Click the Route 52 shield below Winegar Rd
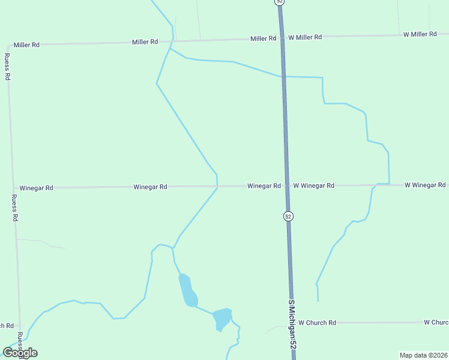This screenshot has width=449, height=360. (289, 216)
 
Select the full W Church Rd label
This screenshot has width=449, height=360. (317, 323)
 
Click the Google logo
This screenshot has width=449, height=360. (20, 353)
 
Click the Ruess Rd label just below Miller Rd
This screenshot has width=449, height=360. (7, 67)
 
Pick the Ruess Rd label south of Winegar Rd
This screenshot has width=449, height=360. (15, 208)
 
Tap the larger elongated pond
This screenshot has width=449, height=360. (187, 290)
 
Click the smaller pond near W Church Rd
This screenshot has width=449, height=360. (222, 318)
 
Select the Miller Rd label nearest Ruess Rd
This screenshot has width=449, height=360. (26, 44)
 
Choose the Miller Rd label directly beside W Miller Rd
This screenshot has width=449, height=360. (264, 38)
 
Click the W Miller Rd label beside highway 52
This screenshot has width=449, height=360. (305, 37)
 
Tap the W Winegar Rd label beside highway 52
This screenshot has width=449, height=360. (313, 186)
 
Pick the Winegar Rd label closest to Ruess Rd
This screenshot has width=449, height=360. (36, 188)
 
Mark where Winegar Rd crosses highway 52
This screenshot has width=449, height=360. (286, 186)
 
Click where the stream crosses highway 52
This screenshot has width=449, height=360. (283, 76)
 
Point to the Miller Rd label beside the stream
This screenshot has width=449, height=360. (145, 42)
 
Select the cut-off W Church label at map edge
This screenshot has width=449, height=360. (436, 322)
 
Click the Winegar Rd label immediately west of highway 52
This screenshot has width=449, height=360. (264, 186)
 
